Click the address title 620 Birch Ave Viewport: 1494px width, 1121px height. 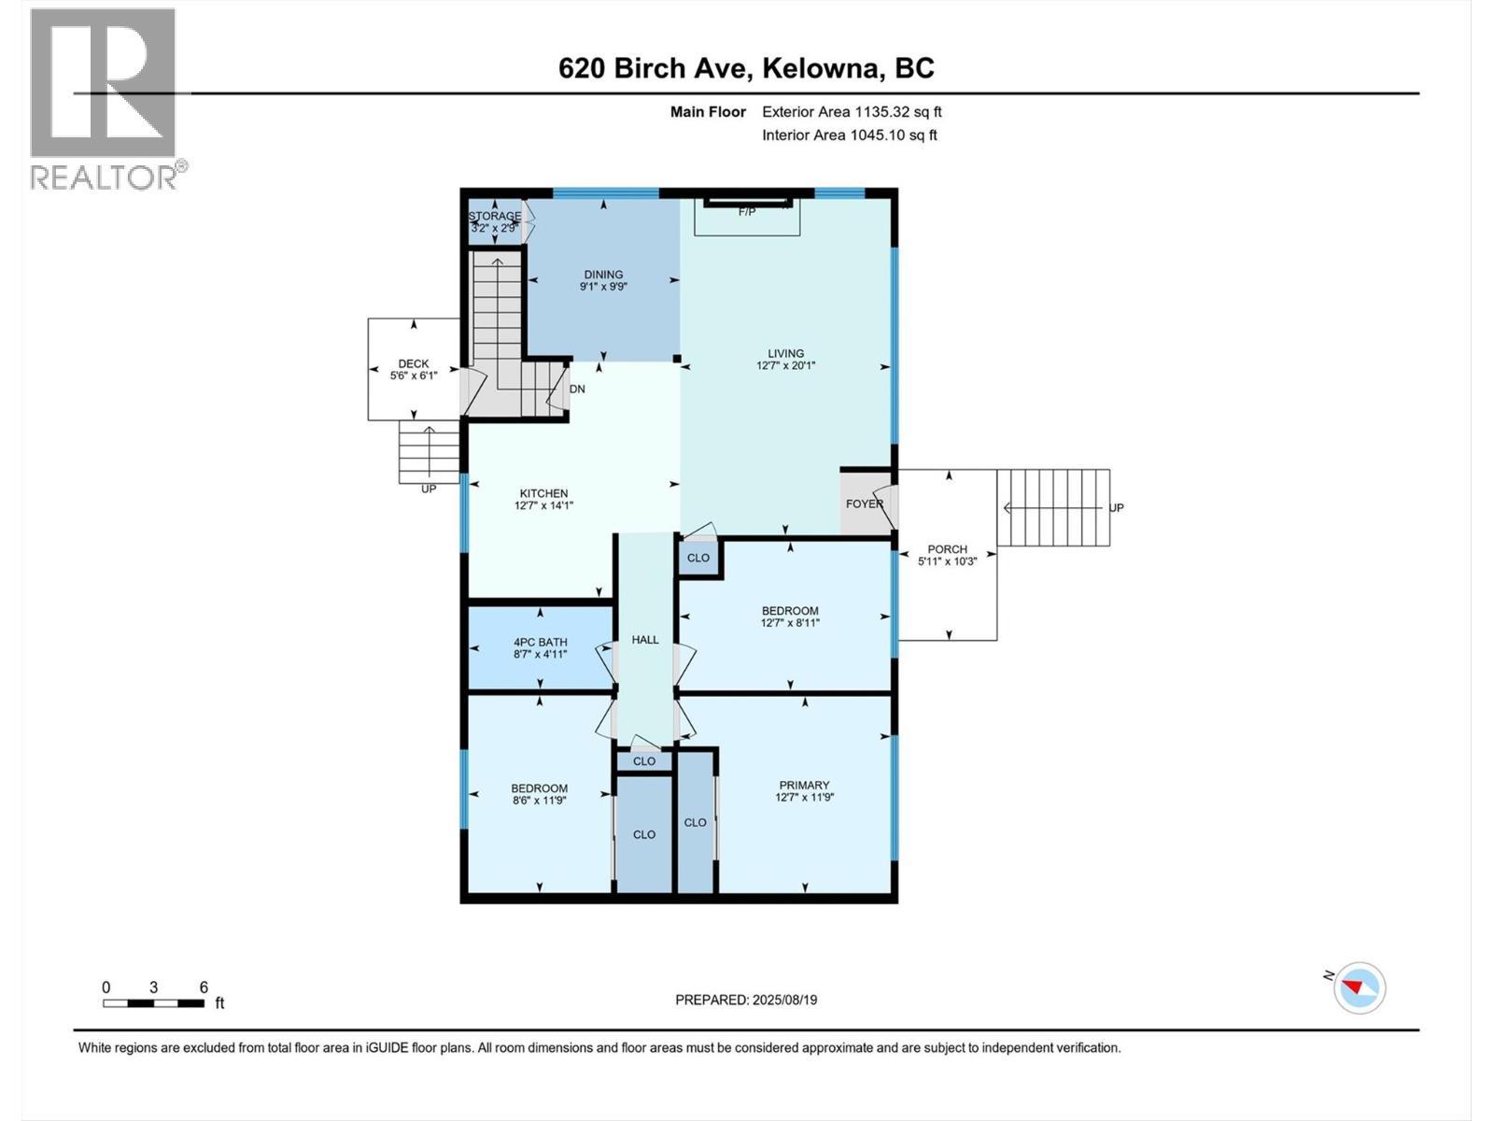coord(746,68)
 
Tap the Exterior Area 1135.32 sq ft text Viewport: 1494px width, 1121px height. coord(852,111)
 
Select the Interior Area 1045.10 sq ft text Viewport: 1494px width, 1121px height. coord(850,135)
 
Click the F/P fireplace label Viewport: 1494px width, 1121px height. coord(747,212)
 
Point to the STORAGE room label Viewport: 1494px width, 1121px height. coord(495,216)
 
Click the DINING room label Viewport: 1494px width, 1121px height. coord(603,275)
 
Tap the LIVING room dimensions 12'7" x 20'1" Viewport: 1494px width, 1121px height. coord(786,366)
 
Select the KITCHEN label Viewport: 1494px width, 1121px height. coord(543,493)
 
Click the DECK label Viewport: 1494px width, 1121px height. coord(414,363)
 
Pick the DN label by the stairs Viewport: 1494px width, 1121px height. coord(578,389)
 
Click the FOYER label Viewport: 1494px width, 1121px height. coord(865,504)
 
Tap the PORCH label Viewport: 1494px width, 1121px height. coord(948,549)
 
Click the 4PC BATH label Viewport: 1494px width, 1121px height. coord(541,643)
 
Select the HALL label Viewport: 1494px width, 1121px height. coord(645,640)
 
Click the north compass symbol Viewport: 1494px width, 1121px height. coord(1360,987)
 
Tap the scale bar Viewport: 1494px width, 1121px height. coord(154,1003)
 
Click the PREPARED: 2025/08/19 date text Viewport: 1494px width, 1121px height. coord(746,1000)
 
